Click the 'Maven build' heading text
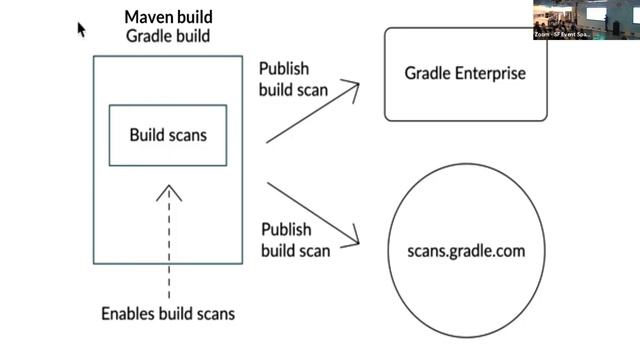click(x=168, y=17)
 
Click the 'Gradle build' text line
click(x=168, y=36)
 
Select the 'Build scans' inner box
click(x=168, y=133)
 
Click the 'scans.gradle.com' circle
click(x=465, y=251)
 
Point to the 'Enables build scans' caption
click(x=168, y=313)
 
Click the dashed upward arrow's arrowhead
click(x=168, y=190)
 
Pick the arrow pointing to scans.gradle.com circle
click(x=313, y=212)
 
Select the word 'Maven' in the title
click(x=146, y=17)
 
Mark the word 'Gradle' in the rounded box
click(x=428, y=74)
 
